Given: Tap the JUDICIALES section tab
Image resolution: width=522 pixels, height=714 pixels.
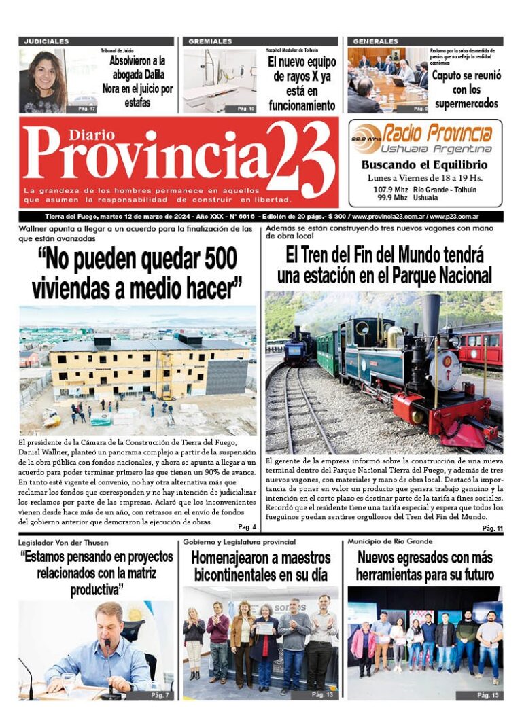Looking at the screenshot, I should [x=47, y=41].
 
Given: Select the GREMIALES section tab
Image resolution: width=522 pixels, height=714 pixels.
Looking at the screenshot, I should [x=210, y=41].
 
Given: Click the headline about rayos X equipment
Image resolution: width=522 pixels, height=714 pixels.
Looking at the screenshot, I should [x=302, y=82].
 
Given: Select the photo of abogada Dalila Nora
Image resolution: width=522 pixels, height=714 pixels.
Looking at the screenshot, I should [x=43, y=81].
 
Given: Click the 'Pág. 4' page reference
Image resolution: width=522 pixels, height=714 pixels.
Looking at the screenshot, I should [x=247, y=527].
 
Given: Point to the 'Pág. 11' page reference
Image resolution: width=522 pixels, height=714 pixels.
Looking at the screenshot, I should [x=491, y=528].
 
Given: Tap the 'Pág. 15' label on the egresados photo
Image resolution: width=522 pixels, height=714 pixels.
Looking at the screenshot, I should [x=487, y=695].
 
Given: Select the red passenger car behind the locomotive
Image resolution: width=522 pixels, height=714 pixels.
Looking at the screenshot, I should [x=481, y=343].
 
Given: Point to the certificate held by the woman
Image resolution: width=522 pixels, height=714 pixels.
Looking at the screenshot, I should [x=264, y=628].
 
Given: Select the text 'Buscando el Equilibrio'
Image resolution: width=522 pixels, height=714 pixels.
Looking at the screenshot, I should [x=424, y=165].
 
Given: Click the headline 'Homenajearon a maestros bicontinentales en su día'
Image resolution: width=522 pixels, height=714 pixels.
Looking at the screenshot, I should [x=261, y=567].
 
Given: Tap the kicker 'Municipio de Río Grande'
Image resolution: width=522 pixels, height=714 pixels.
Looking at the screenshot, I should [x=391, y=541].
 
